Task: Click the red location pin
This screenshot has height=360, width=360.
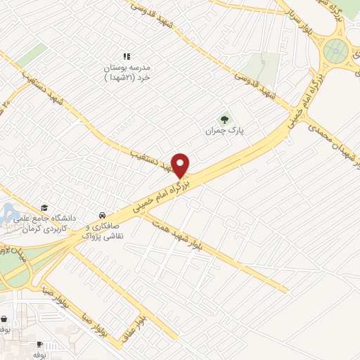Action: click(181, 165)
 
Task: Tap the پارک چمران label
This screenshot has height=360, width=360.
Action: click(218, 131)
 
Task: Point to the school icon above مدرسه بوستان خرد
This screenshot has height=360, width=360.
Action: click(127, 56)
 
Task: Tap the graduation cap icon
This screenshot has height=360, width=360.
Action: click(44, 207)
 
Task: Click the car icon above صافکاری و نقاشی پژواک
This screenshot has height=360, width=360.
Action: click(103, 214)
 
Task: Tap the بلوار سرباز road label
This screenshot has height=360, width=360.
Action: click(295, 18)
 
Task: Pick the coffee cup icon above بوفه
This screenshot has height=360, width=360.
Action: click(39, 344)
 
